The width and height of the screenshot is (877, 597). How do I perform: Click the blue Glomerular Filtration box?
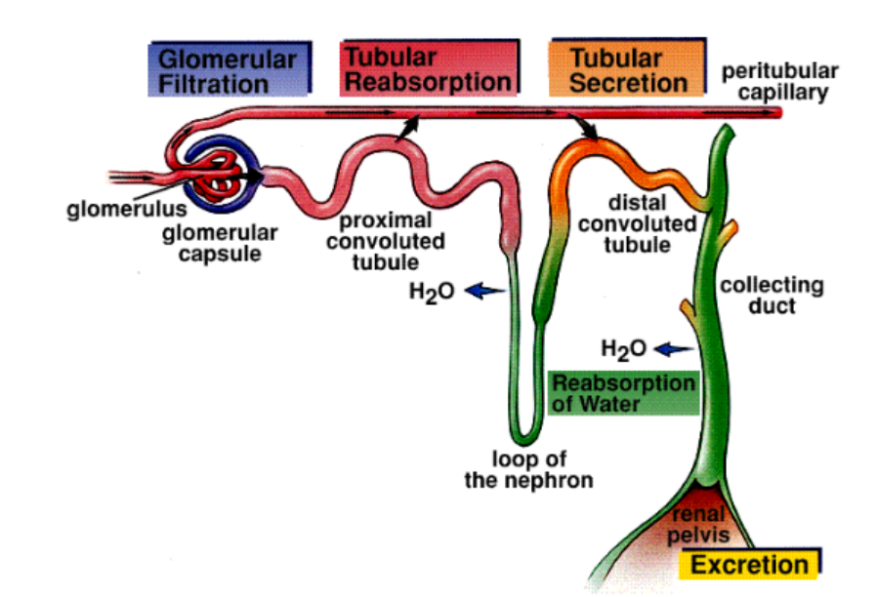[230, 70]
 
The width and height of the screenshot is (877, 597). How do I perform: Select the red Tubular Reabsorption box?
[428, 69]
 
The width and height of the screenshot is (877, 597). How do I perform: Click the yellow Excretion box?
[750, 565]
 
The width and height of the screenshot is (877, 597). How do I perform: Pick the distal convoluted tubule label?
[637, 224]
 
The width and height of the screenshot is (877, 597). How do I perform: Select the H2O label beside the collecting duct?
[621, 347]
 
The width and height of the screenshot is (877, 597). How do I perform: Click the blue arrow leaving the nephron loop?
[484, 290]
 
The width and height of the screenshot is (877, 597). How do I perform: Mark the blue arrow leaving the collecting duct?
[674, 347]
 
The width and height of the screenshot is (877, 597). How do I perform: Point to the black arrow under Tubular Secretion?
[585, 129]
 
